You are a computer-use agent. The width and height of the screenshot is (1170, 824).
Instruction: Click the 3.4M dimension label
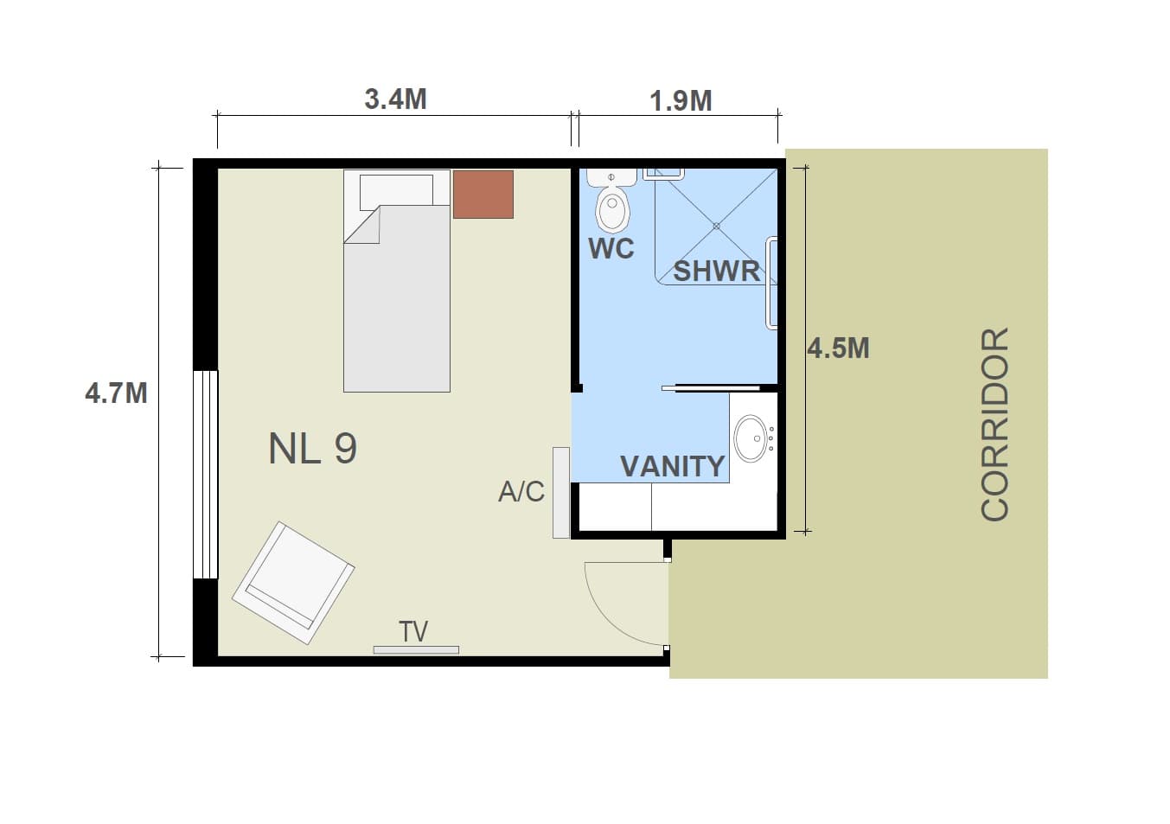[395, 99]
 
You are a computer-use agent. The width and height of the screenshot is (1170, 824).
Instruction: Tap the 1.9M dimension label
[681, 101]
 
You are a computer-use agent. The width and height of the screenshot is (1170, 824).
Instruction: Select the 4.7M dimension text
[116, 393]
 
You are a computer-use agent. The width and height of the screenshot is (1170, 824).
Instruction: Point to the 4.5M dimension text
[838, 348]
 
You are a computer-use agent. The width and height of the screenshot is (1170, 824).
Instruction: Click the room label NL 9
[313, 448]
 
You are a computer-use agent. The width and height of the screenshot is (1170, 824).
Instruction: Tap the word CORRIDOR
[994, 424]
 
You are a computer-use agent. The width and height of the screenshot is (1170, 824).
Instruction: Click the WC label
[611, 248]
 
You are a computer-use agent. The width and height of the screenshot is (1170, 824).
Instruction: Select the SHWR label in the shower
[716, 271]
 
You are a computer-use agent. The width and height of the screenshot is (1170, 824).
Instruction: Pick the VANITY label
[673, 466]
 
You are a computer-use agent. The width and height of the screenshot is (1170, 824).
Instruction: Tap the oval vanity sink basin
[751, 438]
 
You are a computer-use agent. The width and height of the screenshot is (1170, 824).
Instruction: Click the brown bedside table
[483, 195]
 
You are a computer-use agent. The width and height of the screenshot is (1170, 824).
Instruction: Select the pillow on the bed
[396, 190]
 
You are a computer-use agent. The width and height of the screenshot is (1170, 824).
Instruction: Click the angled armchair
[293, 583]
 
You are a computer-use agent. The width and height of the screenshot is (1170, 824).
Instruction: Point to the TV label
[413, 631]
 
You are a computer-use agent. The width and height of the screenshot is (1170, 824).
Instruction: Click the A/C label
[521, 491]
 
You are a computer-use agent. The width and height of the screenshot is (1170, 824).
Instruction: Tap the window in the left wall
[205, 474]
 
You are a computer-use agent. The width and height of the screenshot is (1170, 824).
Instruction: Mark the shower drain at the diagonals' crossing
[717, 227]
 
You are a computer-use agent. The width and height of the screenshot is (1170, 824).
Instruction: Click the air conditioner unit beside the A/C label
[561, 493]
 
